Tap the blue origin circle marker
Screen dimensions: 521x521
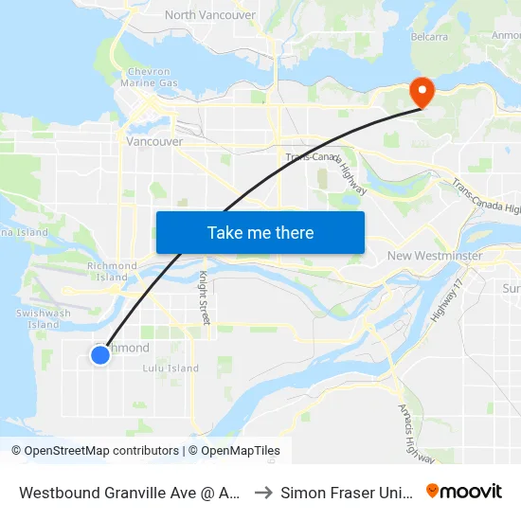pos(100,355)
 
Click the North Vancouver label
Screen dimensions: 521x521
pos(209,15)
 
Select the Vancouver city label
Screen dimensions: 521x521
pos(154,141)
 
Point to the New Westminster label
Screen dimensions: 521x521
pos(435,256)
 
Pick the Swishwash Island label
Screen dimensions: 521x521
pos(44,318)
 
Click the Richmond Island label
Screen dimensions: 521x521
pos(106,272)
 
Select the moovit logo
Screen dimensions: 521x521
pos(463,492)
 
